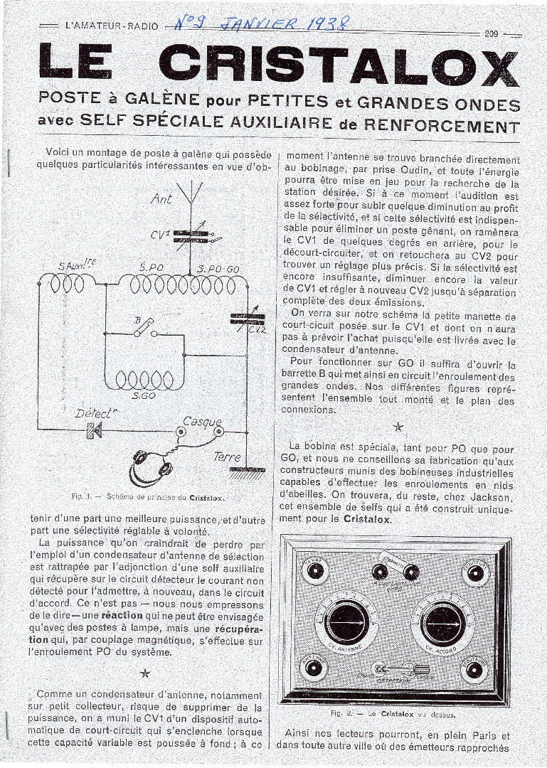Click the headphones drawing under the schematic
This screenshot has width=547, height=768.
[x=152, y=469]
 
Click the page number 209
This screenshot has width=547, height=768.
[x=492, y=33]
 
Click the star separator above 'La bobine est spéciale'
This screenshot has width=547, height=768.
[x=399, y=427]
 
